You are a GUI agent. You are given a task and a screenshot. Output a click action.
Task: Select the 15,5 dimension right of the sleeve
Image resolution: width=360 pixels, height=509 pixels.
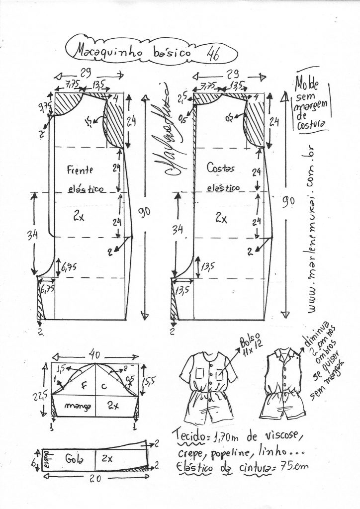point(148,381)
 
